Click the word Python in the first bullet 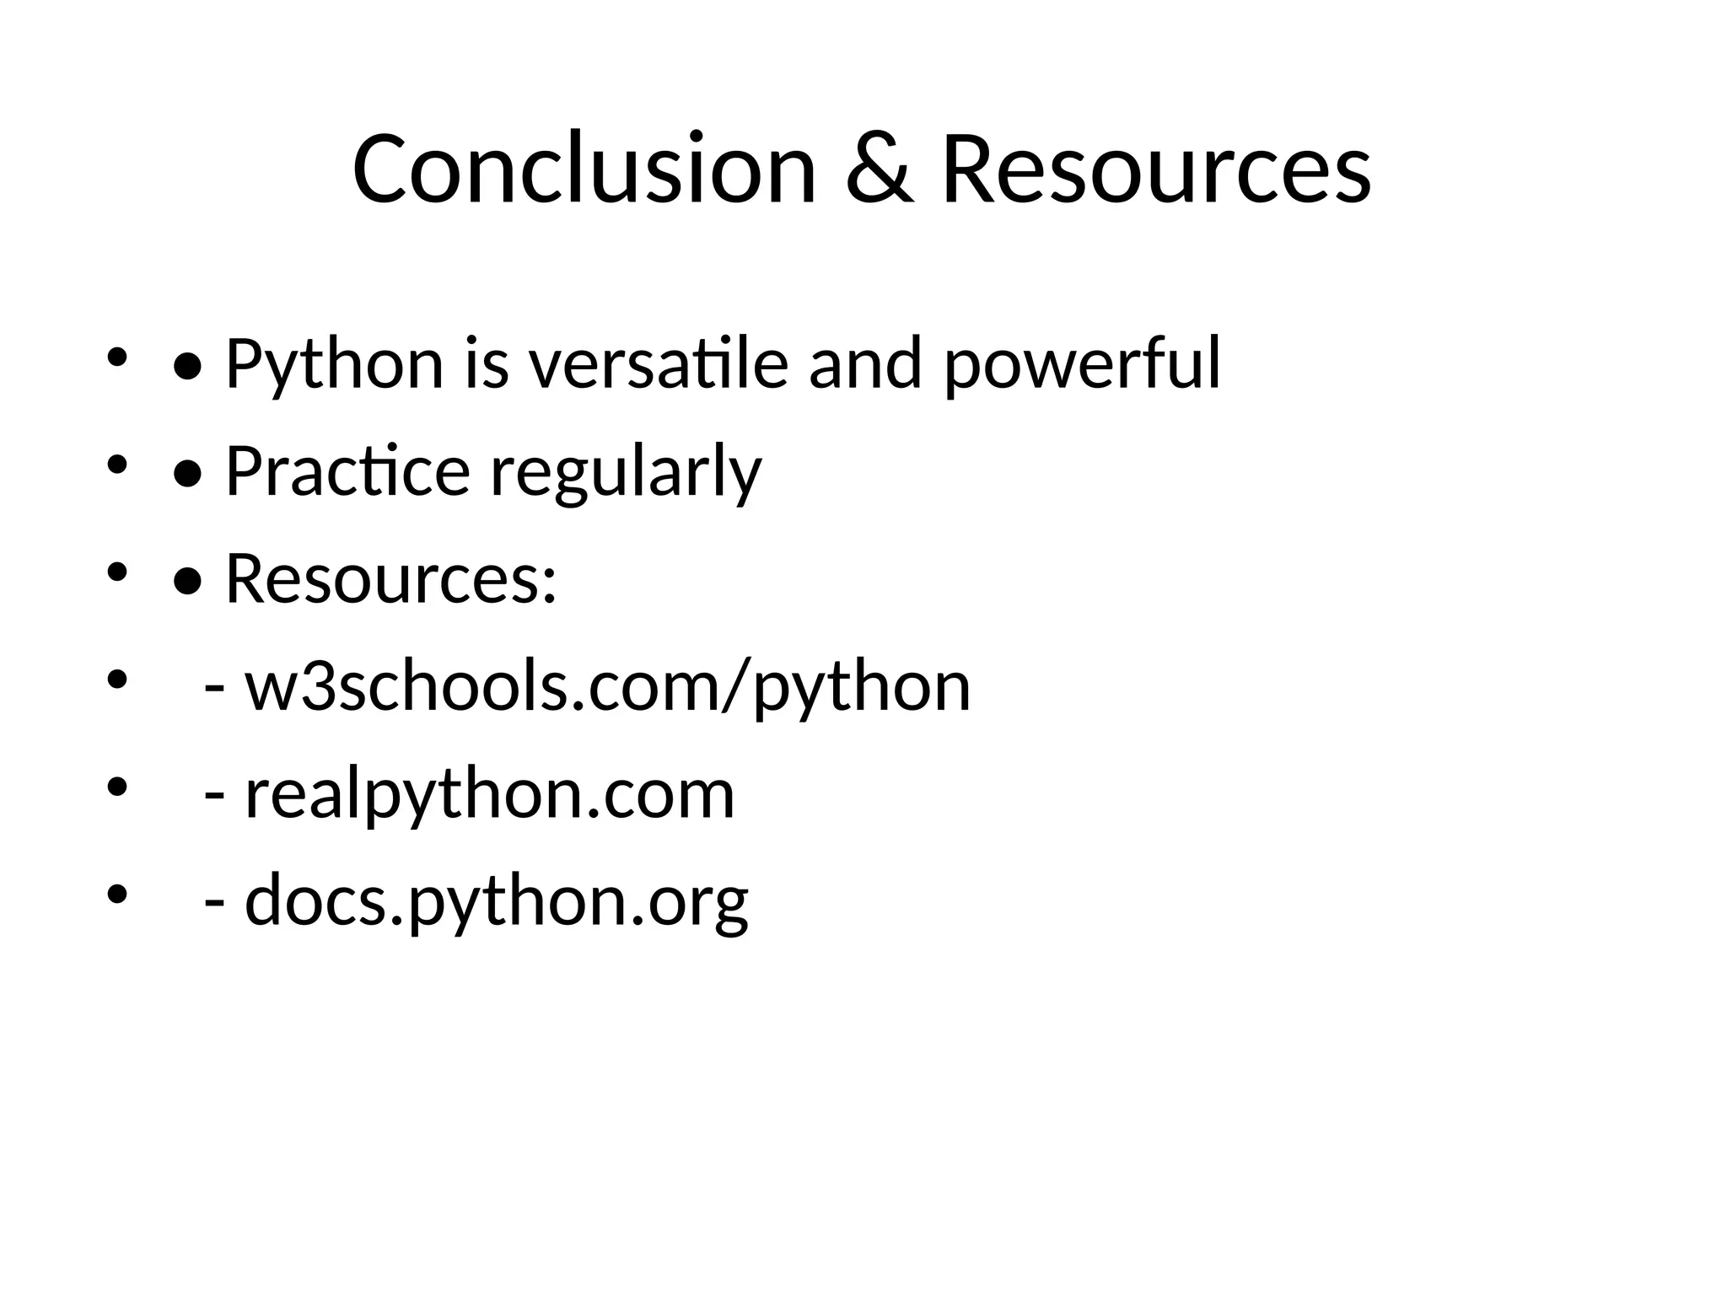(x=334, y=364)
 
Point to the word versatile (x=658, y=364)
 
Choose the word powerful (x=1081, y=364)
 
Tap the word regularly (x=626, y=471)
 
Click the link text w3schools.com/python (x=607, y=686)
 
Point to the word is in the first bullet (x=487, y=364)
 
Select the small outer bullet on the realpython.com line (x=116, y=787)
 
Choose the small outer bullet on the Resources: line (x=116, y=572)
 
